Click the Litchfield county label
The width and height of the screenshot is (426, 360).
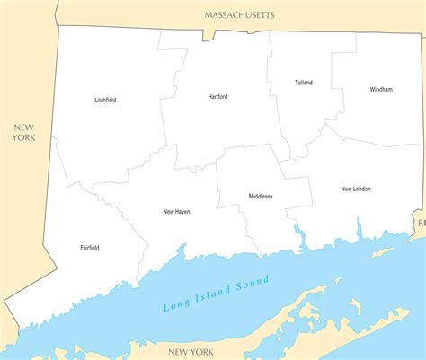pyautogui.click(x=105, y=100)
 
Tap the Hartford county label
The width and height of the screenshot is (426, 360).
pyautogui.click(x=217, y=96)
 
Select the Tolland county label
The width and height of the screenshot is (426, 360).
pyautogui.click(x=304, y=83)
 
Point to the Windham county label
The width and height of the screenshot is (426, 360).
pyautogui.click(x=381, y=90)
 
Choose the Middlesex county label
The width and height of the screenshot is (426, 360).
pyautogui.click(x=261, y=196)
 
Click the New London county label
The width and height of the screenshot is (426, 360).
pyautogui.click(x=356, y=189)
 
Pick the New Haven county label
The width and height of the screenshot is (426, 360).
pyautogui.click(x=176, y=212)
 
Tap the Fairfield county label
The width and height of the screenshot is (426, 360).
pyautogui.click(x=90, y=248)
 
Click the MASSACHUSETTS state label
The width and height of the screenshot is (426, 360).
pyautogui.click(x=239, y=15)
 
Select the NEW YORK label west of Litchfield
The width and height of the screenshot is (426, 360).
pyautogui.click(x=23, y=132)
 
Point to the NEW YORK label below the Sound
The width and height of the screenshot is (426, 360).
pyautogui.click(x=190, y=351)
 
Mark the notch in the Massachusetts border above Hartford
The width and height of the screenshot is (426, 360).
pyautogui.click(x=209, y=37)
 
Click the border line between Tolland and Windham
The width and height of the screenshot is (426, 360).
pyautogui.click(x=333, y=90)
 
